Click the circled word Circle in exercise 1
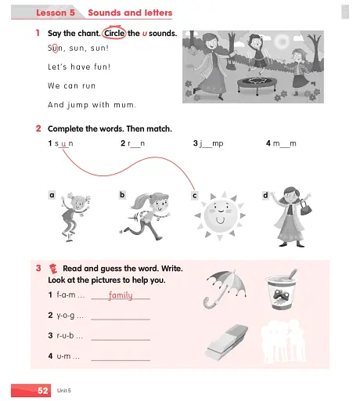click(x=114, y=34)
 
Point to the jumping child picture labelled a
click(x=75, y=214)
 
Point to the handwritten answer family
click(x=120, y=295)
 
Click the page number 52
click(x=44, y=389)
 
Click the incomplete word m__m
click(x=285, y=144)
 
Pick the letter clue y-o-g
click(x=65, y=316)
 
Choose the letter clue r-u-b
click(x=65, y=335)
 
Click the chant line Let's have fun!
click(x=79, y=67)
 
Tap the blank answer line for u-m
click(x=121, y=359)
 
